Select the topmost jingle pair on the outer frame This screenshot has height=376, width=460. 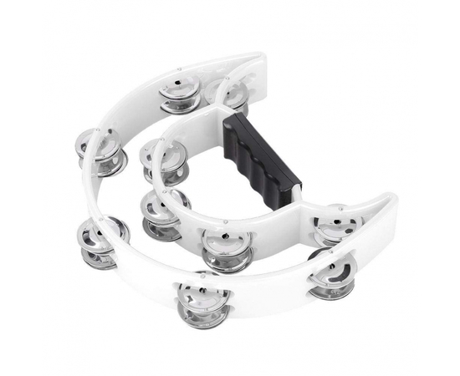point(180,93)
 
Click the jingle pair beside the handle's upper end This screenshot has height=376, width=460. point(230,94)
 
